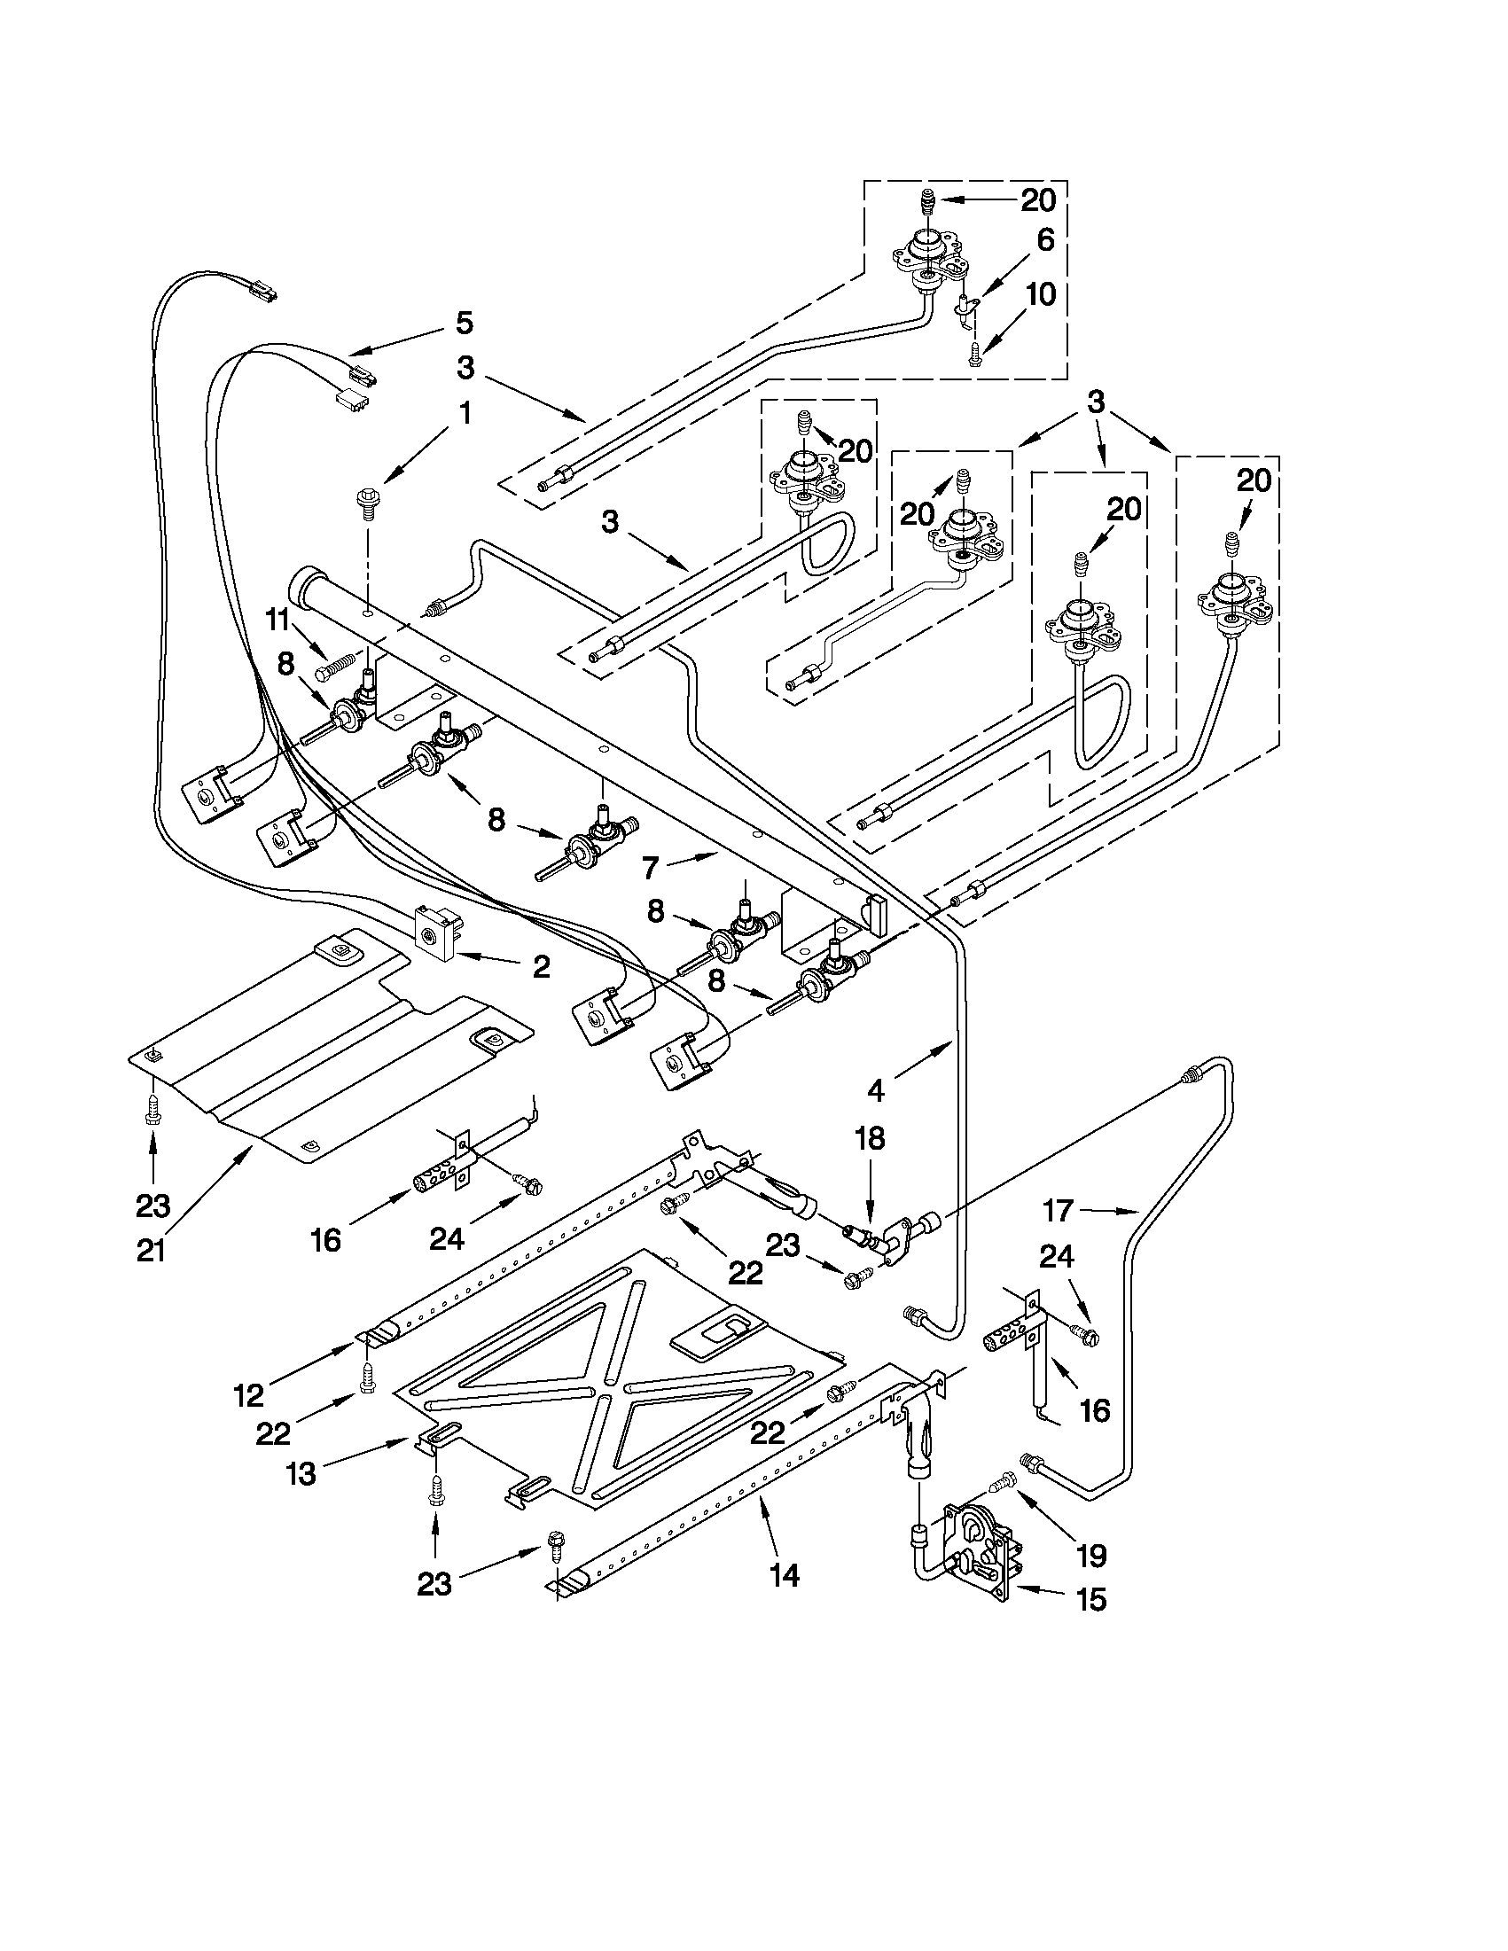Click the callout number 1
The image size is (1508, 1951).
pyautogui.click(x=465, y=414)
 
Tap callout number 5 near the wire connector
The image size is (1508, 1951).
pyautogui.click(x=464, y=323)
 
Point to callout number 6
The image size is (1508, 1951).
pyautogui.click(x=1045, y=239)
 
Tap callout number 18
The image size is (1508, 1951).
pyautogui.click(x=871, y=1139)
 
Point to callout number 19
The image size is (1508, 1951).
pyautogui.click(x=1091, y=1556)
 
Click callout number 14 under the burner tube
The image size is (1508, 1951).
pyautogui.click(x=784, y=1577)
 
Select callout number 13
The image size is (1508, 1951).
pyautogui.click(x=302, y=1473)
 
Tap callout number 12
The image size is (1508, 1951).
pyautogui.click(x=248, y=1394)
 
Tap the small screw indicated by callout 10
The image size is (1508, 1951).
pyautogui.click(x=974, y=355)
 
